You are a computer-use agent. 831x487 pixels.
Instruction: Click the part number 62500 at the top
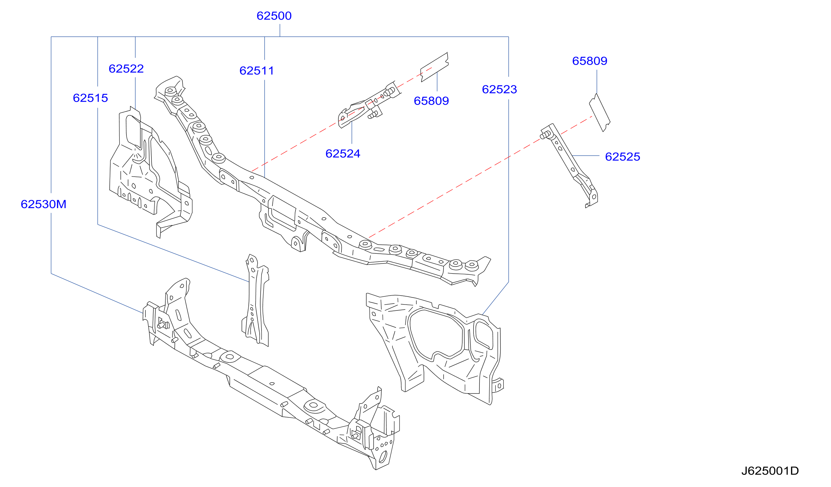[x=274, y=16]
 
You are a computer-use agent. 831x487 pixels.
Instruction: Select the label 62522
[x=126, y=69]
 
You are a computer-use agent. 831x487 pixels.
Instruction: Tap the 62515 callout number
[x=90, y=98]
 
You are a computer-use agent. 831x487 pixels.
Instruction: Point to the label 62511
[x=257, y=71]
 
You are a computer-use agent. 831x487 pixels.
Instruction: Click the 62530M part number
[x=43, y=204]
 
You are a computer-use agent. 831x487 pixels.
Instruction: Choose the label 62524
[x=343, y=154]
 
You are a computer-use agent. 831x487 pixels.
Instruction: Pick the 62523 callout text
[x=499, y=89]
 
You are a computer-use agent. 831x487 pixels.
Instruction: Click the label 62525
[x=623, y=157]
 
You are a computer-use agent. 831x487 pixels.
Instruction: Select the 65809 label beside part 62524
[x=431, y=101]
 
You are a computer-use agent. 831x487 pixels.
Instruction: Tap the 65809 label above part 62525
[x=589, y=61]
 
